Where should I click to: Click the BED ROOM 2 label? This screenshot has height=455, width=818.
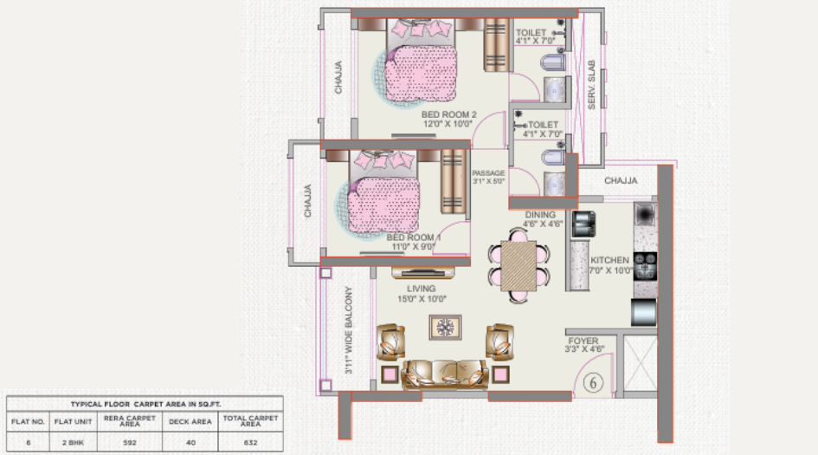[449, 114]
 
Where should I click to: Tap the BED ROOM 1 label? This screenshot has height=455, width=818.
[414, 237]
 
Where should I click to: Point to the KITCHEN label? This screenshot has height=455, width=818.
[610, 260]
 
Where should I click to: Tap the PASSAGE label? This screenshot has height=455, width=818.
[488, 173]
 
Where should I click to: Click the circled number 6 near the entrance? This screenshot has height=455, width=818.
[594, 382]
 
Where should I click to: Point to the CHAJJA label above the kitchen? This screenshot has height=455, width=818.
[621, 181]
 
